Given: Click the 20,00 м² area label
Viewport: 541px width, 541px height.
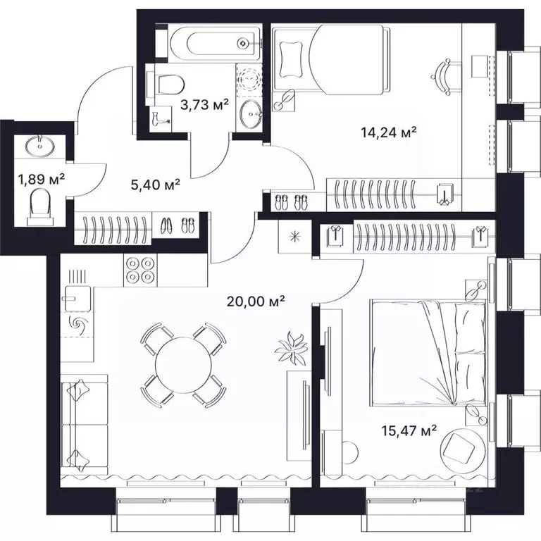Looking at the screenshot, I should tap(255, 301).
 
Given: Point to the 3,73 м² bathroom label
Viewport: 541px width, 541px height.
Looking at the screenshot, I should tap(205, 105).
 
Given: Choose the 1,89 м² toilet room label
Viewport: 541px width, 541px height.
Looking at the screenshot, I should tap(41, 178).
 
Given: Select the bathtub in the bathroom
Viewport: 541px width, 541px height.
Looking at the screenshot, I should tap(211, 44).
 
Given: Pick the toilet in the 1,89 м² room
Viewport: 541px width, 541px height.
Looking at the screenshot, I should tap(41, 208).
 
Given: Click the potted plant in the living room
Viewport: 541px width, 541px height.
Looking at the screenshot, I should tap(290, 347).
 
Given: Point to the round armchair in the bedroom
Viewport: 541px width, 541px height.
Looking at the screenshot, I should tap(464, 446).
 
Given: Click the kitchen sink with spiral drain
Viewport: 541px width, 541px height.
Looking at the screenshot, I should tap(76, 324).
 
